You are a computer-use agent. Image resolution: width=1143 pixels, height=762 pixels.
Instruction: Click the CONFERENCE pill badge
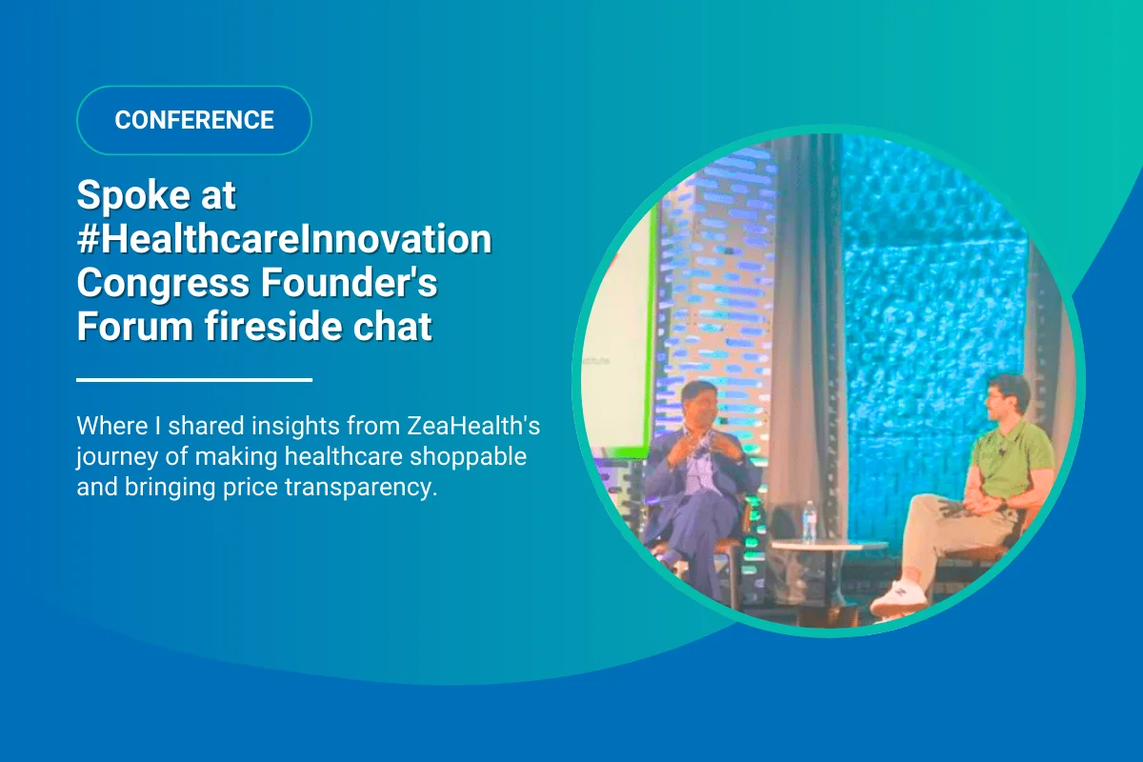194,120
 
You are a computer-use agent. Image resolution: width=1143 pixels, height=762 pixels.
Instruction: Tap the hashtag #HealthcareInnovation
284,239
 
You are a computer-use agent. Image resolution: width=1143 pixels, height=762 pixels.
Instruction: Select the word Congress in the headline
163,284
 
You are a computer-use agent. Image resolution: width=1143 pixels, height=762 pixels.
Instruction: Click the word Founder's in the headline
349,282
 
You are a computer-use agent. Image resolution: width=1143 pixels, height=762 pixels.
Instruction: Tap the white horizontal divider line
194,380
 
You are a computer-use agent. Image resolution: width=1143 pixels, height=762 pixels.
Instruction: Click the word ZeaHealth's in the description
473,426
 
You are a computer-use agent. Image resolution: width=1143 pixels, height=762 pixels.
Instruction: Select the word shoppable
468,457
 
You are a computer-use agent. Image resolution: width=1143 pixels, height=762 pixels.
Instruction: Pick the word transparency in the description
361,488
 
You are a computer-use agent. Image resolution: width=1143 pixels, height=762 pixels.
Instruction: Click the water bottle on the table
809,521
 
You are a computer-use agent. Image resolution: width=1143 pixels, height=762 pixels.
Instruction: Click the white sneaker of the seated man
899,598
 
